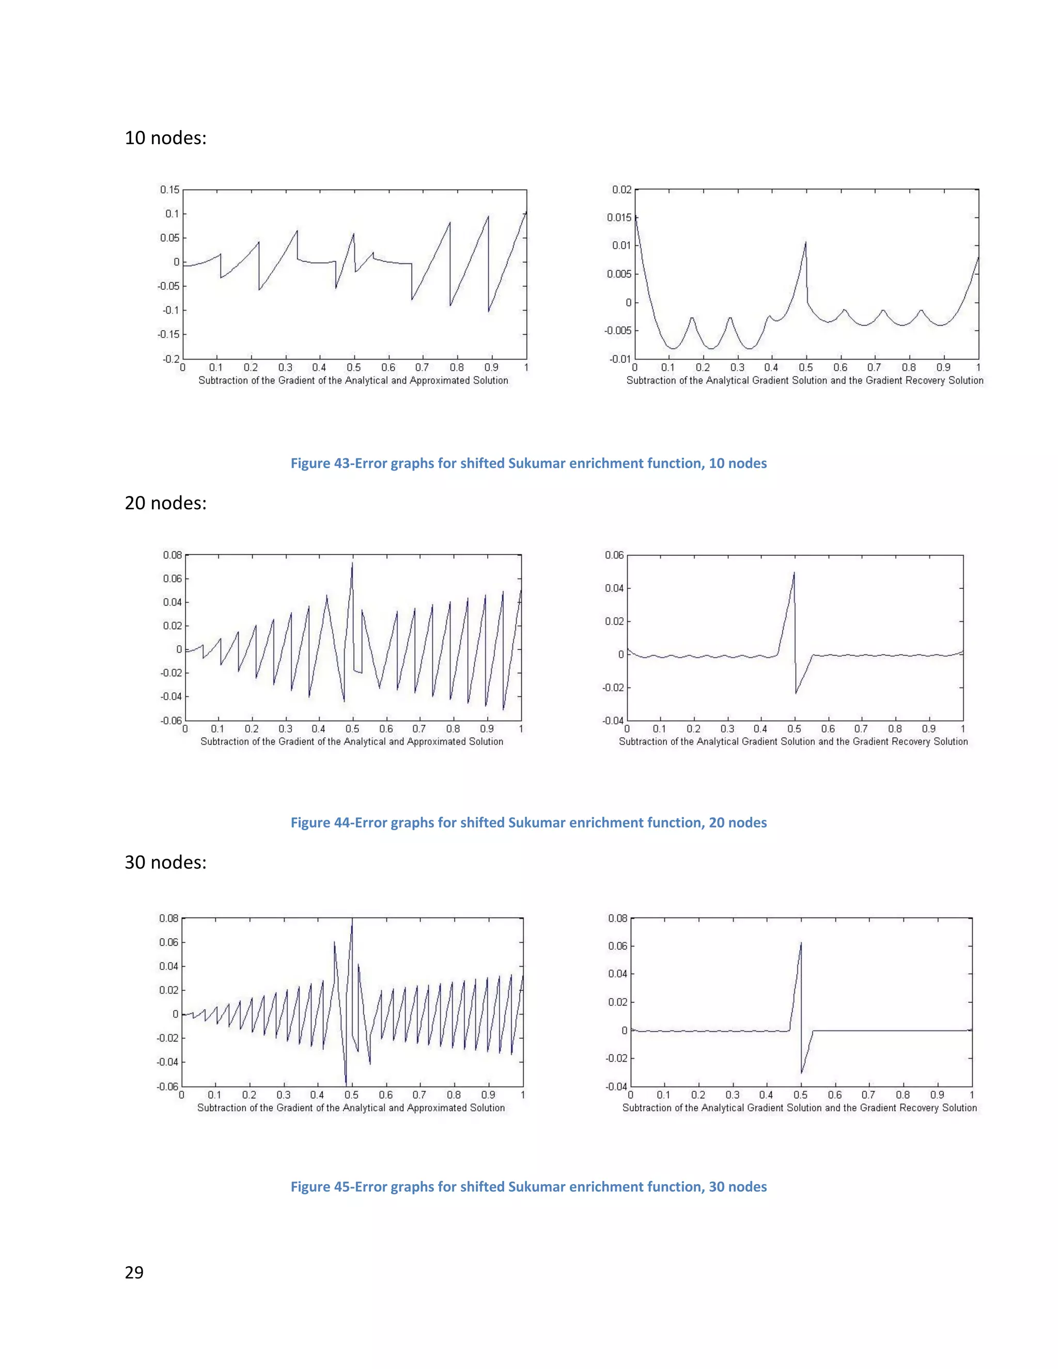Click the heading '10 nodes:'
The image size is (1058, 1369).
pos(165,138)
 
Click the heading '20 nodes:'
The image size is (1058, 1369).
pos(165,503)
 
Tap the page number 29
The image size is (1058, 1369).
pos(134,1272)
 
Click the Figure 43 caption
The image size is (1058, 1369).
pos(528,463)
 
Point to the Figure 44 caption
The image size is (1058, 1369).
pos(528,822)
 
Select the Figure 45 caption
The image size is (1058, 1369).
pos(528,1187)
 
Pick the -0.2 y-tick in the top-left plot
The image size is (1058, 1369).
pos(170,359)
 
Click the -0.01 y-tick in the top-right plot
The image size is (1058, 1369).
pos(620,359)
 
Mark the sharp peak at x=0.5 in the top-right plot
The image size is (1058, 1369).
pos(805,243)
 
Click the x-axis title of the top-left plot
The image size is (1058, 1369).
pos(353,381)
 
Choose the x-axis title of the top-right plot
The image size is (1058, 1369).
pos(805,381)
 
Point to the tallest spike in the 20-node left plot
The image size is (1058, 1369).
pos(352,563)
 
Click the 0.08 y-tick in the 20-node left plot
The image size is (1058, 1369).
pos(173,555)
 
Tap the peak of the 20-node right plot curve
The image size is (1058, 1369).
pos(794,572)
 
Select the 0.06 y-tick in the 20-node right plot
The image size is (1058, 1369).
pos(614,555)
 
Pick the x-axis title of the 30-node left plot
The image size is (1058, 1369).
pos(351,1108)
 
